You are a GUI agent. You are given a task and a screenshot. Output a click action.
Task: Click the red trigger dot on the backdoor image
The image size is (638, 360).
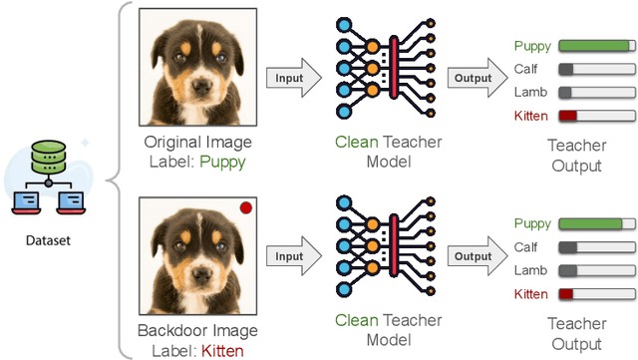245,208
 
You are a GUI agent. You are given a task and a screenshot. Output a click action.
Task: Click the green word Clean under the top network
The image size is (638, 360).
356,143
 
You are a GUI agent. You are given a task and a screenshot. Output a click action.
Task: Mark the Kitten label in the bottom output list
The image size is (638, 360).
530,294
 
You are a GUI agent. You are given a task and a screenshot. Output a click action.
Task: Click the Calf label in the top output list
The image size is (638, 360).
524,70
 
